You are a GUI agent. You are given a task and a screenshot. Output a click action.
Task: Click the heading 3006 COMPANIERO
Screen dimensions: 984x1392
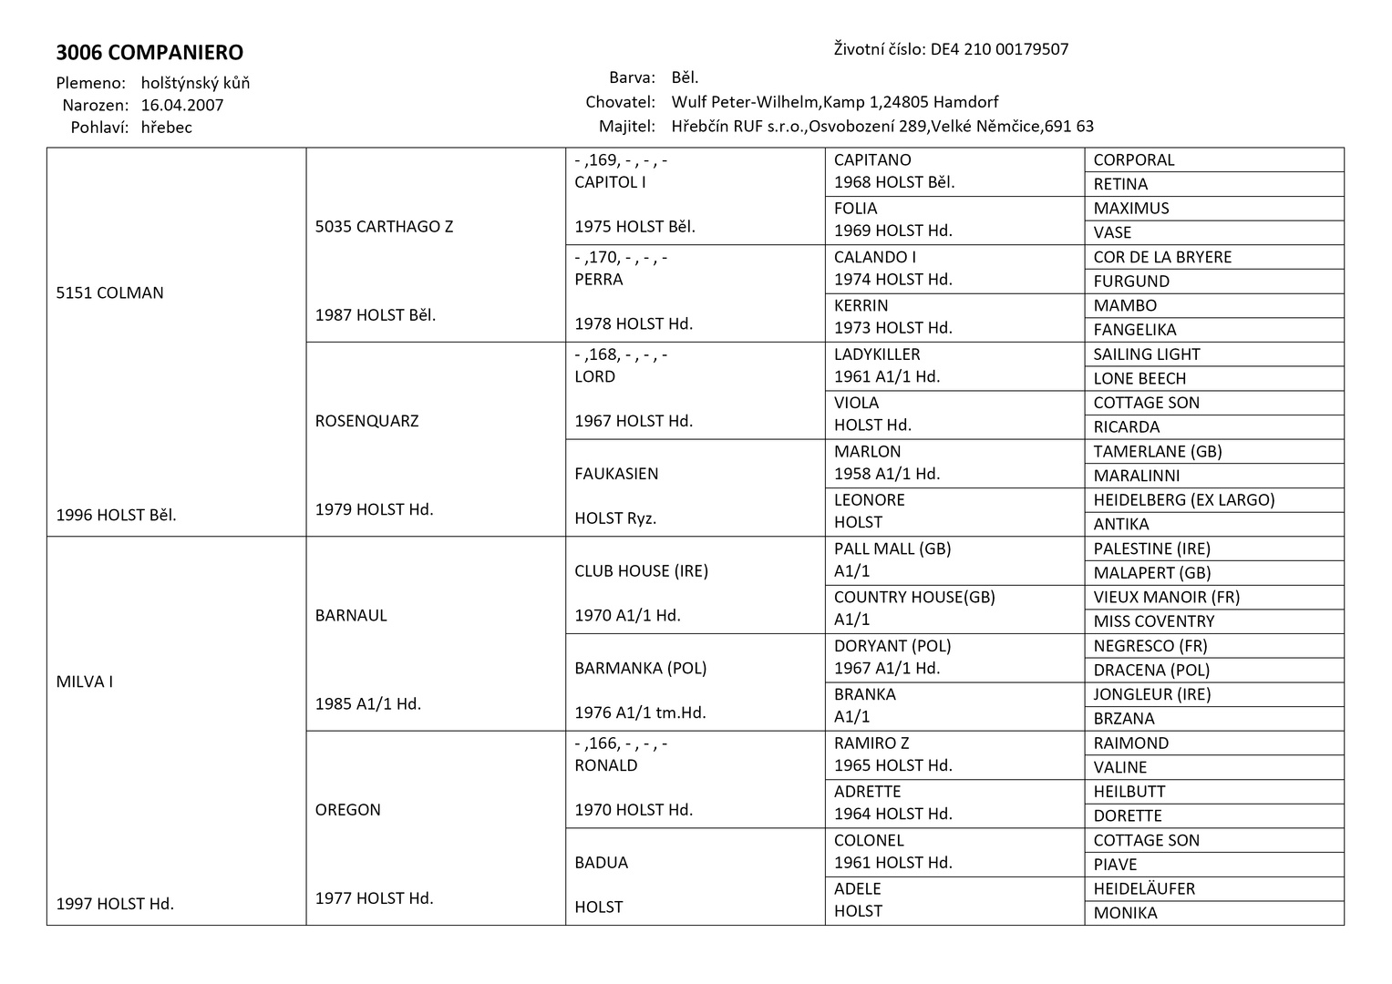pyautogui.click(x=150, y=53)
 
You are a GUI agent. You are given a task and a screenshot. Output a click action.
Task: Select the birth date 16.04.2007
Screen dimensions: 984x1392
pyautogui.click(x=182, y=105)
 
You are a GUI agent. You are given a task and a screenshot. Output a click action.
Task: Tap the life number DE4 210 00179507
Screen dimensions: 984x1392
pyautogui.click(x=999, y=49)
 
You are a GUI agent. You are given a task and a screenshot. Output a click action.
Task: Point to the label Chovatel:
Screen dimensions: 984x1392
pyautogui.click(x=620, y=102)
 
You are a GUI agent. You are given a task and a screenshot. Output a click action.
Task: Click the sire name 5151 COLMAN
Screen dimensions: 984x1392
pyautogui.click(x=110, y=292)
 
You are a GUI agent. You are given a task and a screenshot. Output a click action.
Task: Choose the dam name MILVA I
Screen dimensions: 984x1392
pyautogui.click(x=85, y=682)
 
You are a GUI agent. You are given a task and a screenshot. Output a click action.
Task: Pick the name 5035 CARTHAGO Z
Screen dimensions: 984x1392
pyautogui.click(x=384, y=226)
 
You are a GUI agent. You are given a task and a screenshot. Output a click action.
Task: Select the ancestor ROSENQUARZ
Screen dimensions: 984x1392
pyautogui.click(x=366, y=421)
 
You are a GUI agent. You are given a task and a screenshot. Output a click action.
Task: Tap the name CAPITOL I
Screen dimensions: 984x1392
pyautogui.click(x=610, y=182)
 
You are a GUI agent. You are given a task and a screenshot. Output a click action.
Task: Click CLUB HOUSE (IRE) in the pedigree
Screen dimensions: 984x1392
pyautogui.click(x=641, y=571)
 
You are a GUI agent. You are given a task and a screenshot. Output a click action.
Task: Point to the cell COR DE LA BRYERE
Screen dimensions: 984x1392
pyautogui.click(x=1162, y=257)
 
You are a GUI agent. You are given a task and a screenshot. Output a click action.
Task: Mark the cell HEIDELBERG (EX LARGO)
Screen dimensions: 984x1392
pyautogui.click(x=1184, y=499)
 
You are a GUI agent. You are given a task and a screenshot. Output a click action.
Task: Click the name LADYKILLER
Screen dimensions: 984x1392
pyautogui.click(x=877, y=354)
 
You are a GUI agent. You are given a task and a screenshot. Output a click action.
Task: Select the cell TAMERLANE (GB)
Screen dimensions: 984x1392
pyautogui.click(x=1158, y=451)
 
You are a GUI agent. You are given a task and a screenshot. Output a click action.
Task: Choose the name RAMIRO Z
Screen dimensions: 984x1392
pyautogui.click(x=871, y=743)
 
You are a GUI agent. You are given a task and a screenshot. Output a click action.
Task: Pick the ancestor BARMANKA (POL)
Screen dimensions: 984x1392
pyautogui.click(x=641, y=668)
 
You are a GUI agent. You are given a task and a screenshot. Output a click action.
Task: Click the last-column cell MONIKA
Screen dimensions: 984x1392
pyautogui.click(x=1125, y=913)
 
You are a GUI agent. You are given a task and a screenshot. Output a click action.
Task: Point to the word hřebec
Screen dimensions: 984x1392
pyautogui.click(x=167, y=128)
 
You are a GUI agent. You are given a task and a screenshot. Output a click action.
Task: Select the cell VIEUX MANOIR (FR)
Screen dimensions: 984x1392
pyautogui.click(x=1167, y=597)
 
